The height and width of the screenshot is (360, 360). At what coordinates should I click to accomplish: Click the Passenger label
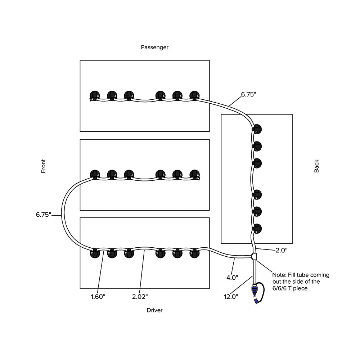pos(154,47)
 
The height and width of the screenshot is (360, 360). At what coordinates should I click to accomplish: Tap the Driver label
pos(154,310)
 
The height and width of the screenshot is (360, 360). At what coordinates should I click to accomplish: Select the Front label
pos(43,166)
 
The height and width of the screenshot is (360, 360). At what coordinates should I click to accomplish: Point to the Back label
pos(316,166)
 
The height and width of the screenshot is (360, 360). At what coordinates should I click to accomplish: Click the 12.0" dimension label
pos(231,297)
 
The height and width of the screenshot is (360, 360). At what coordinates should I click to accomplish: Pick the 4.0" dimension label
pos(232,278)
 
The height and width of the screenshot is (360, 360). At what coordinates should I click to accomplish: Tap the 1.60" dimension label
pos(98,297)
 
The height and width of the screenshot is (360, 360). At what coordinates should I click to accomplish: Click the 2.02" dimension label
pos(140,297)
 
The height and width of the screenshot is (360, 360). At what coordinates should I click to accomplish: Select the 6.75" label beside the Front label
pos(44,215)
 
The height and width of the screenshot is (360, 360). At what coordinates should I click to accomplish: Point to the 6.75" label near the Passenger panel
pos(248,95)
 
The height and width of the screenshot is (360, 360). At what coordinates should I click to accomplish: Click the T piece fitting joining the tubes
pos(255,257)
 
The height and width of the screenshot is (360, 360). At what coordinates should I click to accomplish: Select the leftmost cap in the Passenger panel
pos(95,95)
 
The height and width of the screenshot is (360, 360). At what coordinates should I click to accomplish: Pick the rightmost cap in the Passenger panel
pos(194,95)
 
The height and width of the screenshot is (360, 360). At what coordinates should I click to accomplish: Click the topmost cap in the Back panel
pos(257,129)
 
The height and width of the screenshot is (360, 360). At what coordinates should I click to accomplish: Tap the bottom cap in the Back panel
pos(257,229)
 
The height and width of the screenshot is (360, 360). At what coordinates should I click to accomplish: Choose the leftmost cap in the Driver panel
pos(95,253)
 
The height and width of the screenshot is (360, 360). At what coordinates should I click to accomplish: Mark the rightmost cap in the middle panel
pos(194,175)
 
